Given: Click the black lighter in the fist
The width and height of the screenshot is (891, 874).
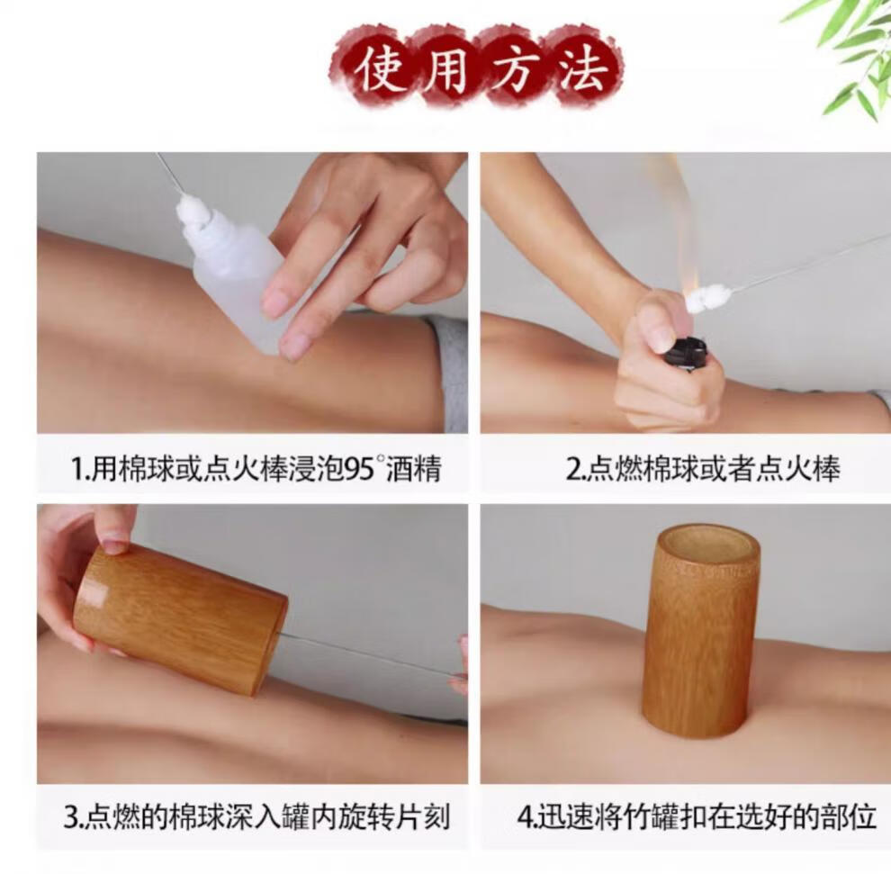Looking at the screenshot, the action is coord(688,352).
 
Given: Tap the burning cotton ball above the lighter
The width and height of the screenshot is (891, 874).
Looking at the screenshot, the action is coord(701,299).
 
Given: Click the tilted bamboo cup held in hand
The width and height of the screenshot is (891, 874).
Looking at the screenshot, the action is coord(179,617).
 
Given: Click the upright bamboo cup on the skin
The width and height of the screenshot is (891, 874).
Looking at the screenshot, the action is coord(701,630).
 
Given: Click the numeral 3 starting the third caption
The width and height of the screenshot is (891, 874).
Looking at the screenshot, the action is coord(70,817).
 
